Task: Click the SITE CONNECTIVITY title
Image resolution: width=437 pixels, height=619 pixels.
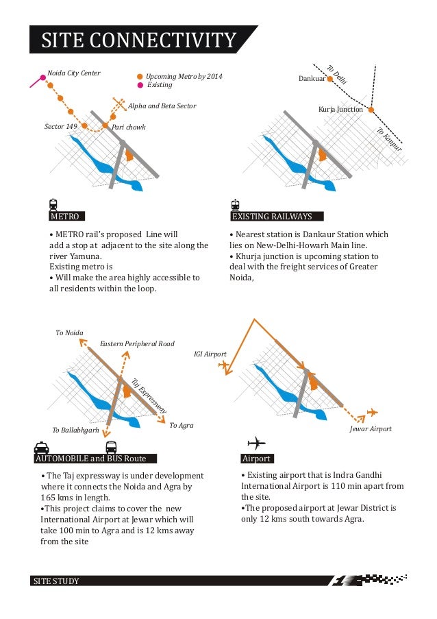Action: click(x=139, y=40)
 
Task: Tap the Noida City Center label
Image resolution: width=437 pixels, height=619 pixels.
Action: click(x=74, y=73)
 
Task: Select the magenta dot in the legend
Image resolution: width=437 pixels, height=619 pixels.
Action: click(x=140, y=85)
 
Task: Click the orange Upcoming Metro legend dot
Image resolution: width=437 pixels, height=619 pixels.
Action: click(x=140, y=77)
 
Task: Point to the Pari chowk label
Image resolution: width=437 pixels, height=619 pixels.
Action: click(x=129, y=128)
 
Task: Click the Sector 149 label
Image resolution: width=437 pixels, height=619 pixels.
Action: click(x=60, y=127)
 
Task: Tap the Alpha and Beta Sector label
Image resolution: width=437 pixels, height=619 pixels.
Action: click(x=162, y=106)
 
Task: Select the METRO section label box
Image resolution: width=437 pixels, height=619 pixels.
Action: click(x=64, y=217)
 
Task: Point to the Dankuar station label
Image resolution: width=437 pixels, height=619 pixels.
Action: click(x=312, y=80)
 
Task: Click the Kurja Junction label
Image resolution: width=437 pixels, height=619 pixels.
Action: click(x=340, y=110)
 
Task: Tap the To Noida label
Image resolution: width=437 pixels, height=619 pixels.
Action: click(x=69, y=332)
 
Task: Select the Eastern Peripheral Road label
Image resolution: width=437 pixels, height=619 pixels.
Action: click(x=137, y=343)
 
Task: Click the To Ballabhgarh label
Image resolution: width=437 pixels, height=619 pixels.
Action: click(x=75, y=430)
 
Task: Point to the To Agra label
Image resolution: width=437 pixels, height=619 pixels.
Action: click(x=181, y=426)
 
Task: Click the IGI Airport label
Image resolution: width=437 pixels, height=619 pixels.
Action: click(x=210, y=354)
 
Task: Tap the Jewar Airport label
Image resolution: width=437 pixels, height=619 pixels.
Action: click(x=371, y=428)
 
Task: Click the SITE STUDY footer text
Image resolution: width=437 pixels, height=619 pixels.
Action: click(x=57, y=581)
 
